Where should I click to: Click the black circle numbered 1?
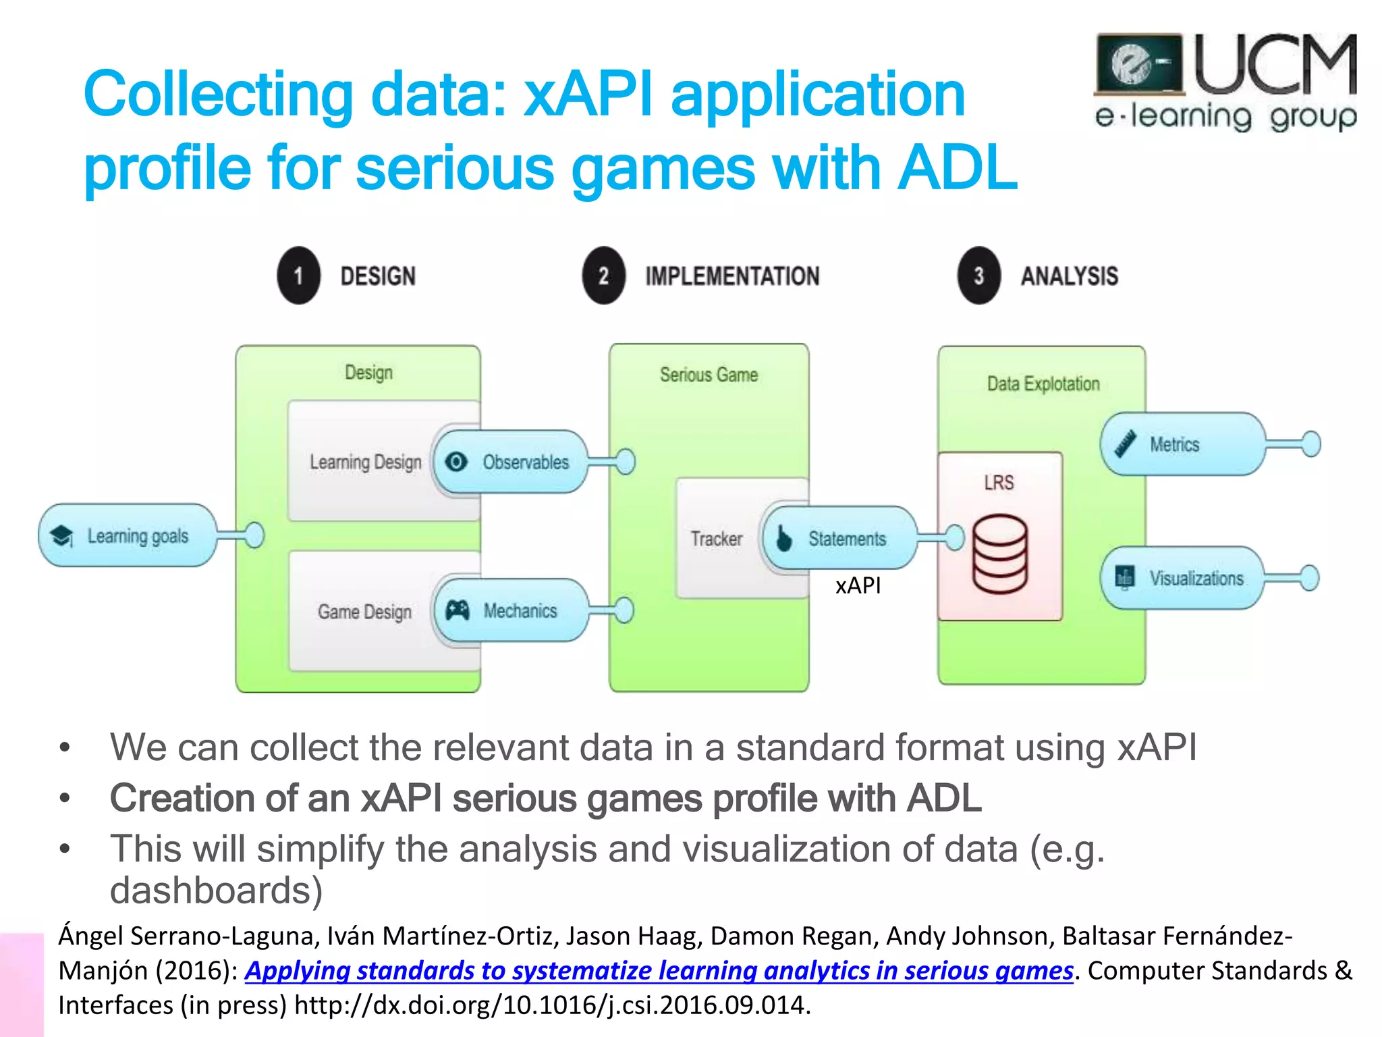[x=298, y=275]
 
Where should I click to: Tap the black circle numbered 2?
[x=603, y=275]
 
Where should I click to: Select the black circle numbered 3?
[x=978, y=275]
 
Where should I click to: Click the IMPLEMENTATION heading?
[x=732, y=276]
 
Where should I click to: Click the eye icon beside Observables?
[x=457, y=462]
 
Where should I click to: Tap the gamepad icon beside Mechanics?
[x=457, y=610]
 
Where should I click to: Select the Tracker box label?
[x=716, y=539]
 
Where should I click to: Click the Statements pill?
[x=840, y=539]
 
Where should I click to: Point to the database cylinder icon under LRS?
[x=1000, y=554]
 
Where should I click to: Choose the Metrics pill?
[x=1182, y=444]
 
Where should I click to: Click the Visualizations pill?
[x=1182, y=578]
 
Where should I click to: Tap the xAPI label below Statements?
[x=858, y=585]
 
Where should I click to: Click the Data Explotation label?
[x=1043, y=383]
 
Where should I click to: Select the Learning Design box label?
[x=365, y=462]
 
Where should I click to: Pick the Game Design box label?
[x=364, y=612]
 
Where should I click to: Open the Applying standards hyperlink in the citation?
[x=659, y=970]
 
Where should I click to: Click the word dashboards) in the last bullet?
[x=216, y=890]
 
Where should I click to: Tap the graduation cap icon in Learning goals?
[x=62, y=536]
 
